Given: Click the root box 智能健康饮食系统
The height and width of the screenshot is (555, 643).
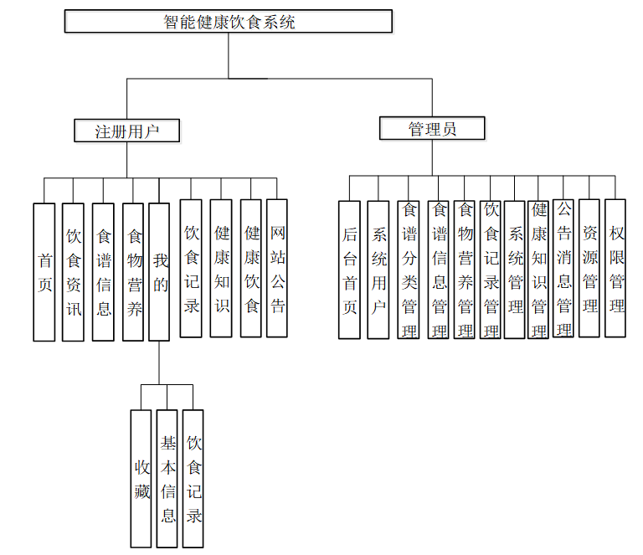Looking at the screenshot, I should point(229,22).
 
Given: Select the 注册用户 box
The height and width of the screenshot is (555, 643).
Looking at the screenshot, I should point(126,131).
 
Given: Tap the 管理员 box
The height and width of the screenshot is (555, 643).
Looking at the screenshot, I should point(432,128).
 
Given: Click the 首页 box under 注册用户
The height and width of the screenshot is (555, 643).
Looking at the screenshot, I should point(44,272).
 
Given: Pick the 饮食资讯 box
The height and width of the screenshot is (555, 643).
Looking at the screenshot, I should point(74,272).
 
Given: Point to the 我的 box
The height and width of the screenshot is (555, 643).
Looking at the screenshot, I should point(159,272).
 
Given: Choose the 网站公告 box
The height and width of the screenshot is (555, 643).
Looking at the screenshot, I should point(277,268).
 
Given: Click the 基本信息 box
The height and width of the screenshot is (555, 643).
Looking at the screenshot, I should point(167,478).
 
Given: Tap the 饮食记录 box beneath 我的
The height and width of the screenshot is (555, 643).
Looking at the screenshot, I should point(193,478).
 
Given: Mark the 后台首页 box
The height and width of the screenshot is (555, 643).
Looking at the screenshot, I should point(350,270).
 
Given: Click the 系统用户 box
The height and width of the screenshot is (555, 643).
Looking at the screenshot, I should point(378,270).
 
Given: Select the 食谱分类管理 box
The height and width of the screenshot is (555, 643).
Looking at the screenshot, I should point(409,270).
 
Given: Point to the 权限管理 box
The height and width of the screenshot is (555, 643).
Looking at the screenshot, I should point(616,268).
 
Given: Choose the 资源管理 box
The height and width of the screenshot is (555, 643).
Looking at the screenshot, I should point(590,268).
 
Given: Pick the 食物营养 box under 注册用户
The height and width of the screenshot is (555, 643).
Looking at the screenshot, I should point(133,272).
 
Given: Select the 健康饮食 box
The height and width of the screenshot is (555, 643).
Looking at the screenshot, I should point(251,268).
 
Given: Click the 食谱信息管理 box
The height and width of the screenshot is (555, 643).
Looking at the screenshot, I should point(438,270).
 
